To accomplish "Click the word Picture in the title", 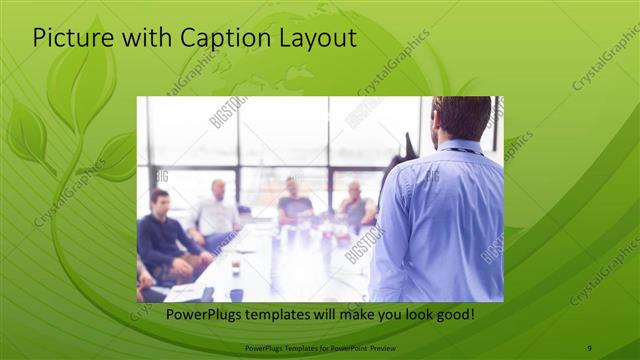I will pyautogui.click(x=69, y=38).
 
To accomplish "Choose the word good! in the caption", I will pyautogui.click(x=453, y=315).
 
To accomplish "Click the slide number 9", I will pyautogui.click(x=588, y=348).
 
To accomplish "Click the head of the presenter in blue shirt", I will pyautogui.click(x=461, y=118).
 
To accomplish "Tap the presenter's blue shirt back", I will pyautogui.click(x=440, y=220).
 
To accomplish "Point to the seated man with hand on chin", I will pyautogui.click(x=355, y=205).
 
